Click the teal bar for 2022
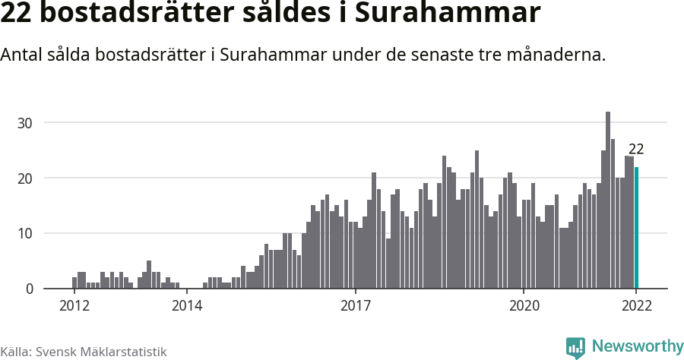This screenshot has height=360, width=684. click(x=637, y=228)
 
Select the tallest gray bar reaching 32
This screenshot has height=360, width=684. click(x=608, y=201)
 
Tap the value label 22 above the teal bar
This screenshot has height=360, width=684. click(x=636, y=150)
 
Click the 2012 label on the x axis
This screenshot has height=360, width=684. click(x=74, y=306)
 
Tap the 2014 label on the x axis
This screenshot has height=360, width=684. click(x=186, y=306)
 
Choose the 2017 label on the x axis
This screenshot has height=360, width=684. click(x=355, y=306)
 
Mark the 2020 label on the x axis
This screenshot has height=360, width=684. click(x=524, y=306)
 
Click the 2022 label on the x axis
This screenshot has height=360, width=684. click(x=636, y=306)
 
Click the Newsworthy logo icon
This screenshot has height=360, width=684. click(x=575, y=348)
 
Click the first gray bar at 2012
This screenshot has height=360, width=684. click(x=74, y=283)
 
